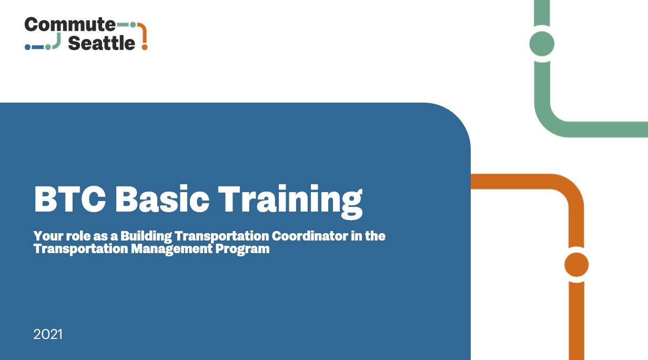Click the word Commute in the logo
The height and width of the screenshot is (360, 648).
click(x=69, y=24)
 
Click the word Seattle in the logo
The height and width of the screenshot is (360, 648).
click(x=102, y=43)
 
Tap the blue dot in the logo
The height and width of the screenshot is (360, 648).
click(x=28, y=47)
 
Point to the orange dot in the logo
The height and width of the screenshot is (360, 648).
click(x=145, y=47)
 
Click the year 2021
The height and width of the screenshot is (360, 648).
click(x=48, y=334)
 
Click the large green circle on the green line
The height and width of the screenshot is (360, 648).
click(x=542, y=44)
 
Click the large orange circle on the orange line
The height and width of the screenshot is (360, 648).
click(x=576, y=265)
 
